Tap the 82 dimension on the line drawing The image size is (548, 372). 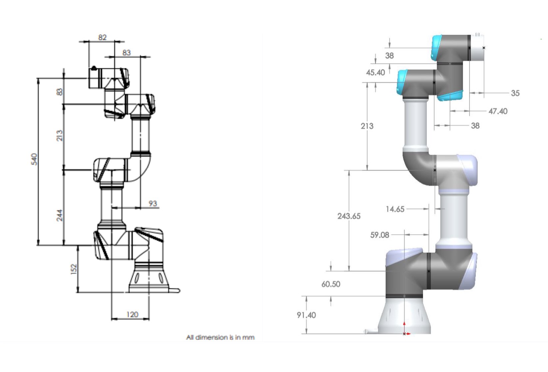tap(102, 37)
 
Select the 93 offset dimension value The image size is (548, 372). tap(153, 203)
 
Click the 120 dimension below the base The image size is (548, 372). tap(132, 314)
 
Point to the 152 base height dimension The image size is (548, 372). tap(74, 269)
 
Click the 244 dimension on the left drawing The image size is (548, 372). tap(59, 215)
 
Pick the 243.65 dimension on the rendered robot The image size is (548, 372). tap(348, 216)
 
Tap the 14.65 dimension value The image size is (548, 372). tap(395, 209)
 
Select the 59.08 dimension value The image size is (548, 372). tap(379, 235)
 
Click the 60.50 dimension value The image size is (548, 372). tap(330, 284)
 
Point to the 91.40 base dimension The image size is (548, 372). tap(306, 315)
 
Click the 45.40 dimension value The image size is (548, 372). tap(375, 72)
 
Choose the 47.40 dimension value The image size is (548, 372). tap(498, 111)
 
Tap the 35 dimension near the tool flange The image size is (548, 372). tap(515, 93)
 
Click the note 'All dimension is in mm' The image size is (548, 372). tap(220, 337)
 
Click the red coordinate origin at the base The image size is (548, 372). tap(404, 333)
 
